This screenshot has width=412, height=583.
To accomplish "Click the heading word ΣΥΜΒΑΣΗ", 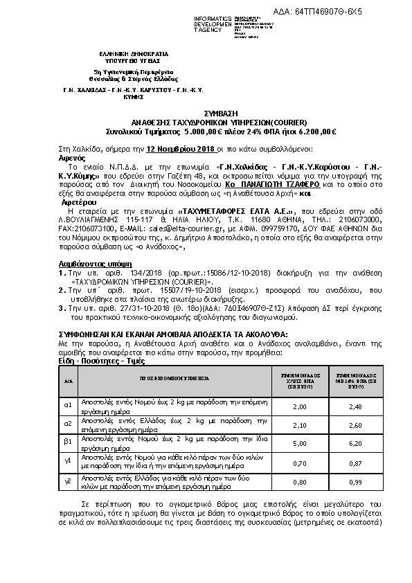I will coord(205,111).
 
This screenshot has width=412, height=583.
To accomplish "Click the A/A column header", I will coord(68,381).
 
